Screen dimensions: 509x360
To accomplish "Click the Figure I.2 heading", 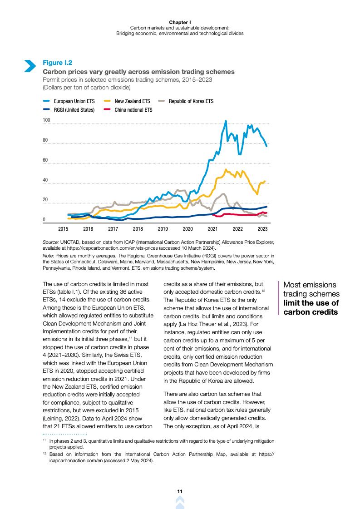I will point(57,63).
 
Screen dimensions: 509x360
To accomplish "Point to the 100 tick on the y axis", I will point(46,120).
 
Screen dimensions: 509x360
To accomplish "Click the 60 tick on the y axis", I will point(45,160).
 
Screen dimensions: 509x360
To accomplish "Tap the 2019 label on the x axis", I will point(163,229).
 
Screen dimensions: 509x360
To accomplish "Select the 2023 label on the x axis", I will point(262,229).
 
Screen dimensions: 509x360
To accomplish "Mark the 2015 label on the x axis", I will point(63,229).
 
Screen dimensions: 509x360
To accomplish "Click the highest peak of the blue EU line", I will point(226,121).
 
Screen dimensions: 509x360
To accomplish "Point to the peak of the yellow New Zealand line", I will point(226,170).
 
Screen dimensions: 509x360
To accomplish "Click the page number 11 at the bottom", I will point(180,492).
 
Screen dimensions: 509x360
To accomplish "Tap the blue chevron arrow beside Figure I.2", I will point(30,66).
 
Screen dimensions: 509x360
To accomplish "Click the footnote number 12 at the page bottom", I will point(44,454).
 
